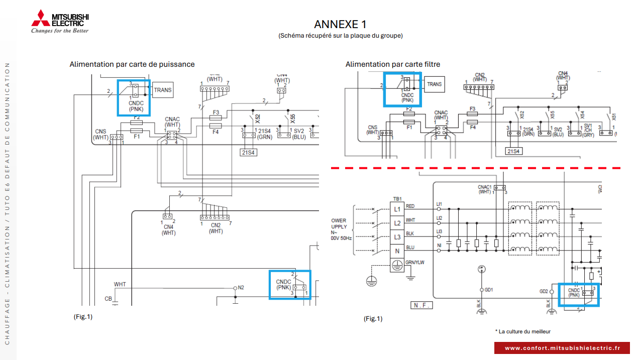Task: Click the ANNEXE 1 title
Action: tap(340, 24)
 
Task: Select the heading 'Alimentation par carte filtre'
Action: tap(392, 64)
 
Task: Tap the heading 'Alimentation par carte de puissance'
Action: tap(132, 64)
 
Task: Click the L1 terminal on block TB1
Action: tap(397, 209)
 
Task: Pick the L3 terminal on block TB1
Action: tap(397, 236)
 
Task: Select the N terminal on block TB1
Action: tap(397, 251)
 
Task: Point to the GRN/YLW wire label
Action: tap(415, 263)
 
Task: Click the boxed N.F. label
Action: tap(421, 305)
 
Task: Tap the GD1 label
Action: tap(489, 290)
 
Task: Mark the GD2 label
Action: tap(544, 291)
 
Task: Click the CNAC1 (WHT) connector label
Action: tap(485, 189)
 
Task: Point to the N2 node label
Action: tap(241, 288)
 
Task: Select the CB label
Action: tap(108, 299)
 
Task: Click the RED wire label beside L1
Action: tap(410, 206)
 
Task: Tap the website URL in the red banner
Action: tap(562, 348)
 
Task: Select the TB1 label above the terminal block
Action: tap(396, 198)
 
